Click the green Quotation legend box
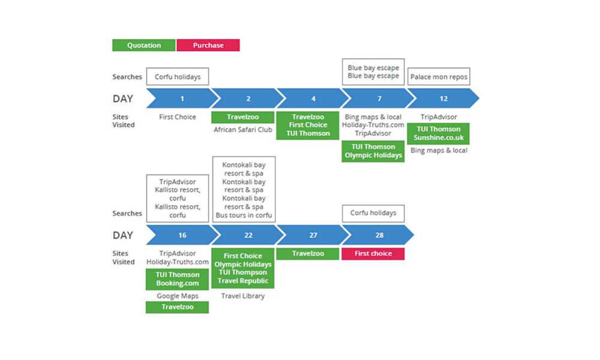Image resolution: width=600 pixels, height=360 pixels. (x=143, y=45)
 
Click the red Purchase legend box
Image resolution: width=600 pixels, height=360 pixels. (x=208, y=45)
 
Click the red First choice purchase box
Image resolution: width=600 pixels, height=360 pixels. (x=373, y=254)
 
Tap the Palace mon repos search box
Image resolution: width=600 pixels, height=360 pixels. (x=439, y=77)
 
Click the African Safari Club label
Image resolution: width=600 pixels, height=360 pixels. (x=243, y=129)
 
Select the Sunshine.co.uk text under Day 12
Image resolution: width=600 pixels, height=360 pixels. (x=439, y=138)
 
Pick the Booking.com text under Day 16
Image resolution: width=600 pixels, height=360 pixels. (x=178, y=283)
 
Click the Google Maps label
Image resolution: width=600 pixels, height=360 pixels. (x=178, y=296)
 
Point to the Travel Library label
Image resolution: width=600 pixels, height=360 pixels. (x=243, y=296)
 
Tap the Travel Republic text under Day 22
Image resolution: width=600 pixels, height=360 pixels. (x=243, y=281)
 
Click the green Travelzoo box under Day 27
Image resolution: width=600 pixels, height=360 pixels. (x=308, y=254)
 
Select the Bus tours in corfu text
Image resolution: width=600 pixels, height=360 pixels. (x=244, y=215)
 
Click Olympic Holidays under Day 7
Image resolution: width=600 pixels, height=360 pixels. (x=373, y=155)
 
